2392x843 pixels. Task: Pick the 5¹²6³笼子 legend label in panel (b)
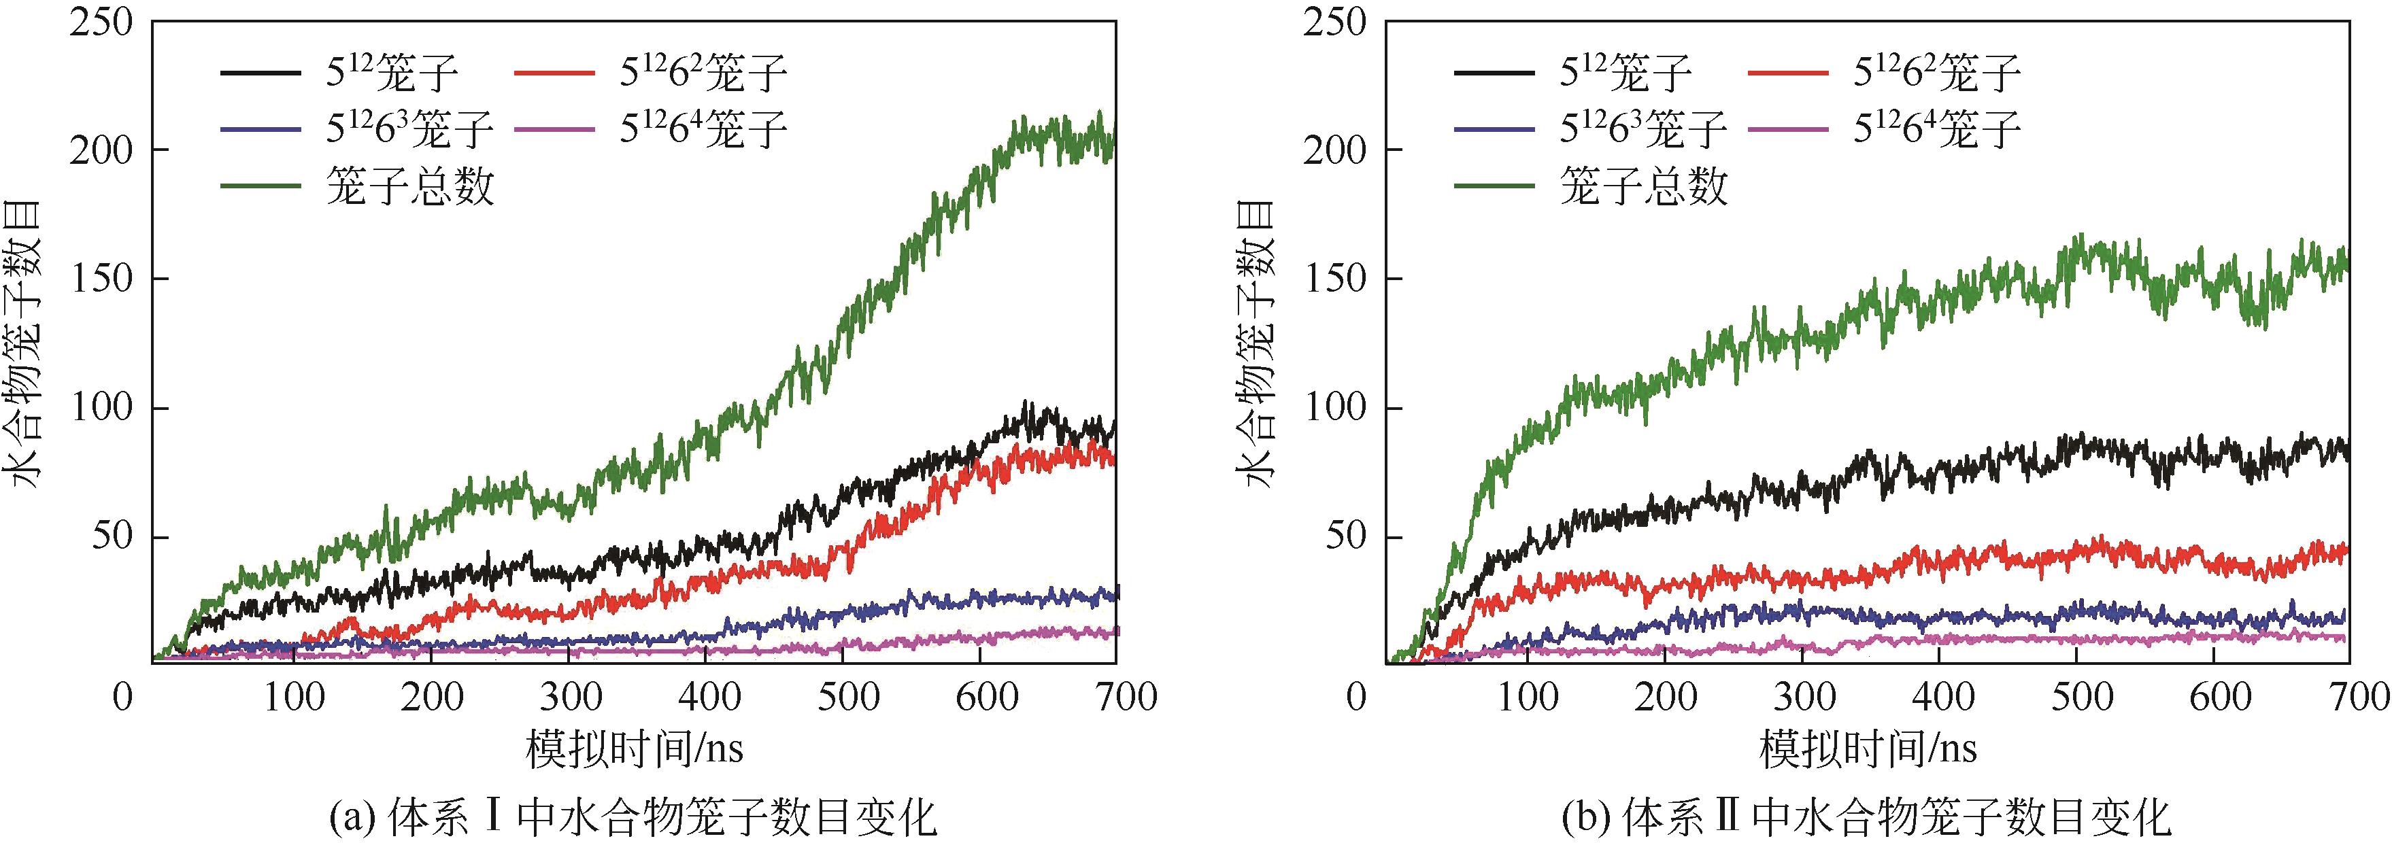coord(1643,129)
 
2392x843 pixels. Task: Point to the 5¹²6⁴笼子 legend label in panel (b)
coord(1937,129)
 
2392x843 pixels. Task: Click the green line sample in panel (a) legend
coord(261,186)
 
